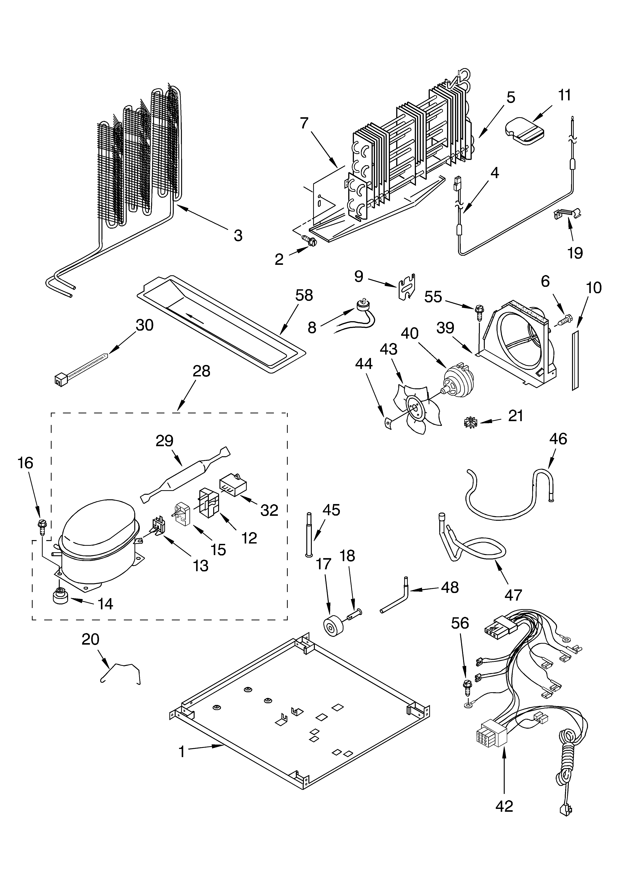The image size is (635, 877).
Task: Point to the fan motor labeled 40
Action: (x=458, y=381)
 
